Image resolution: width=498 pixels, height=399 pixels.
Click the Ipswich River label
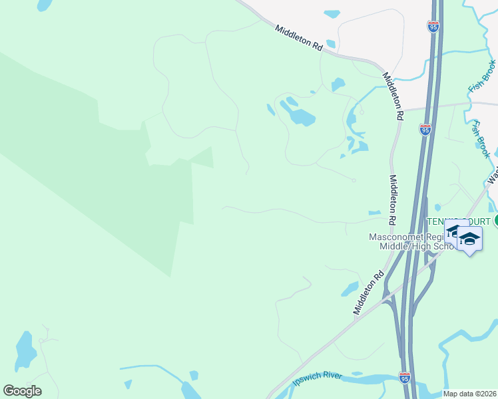tap(317, 380)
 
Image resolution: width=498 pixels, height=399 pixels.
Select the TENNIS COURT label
tap(459, 221)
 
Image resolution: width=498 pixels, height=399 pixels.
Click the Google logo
tap(22, 391)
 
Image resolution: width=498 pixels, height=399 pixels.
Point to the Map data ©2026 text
tap(469, 394)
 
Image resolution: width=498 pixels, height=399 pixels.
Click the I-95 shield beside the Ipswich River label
tap(405, 377)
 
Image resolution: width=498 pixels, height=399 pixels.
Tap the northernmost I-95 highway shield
tap(433, 26)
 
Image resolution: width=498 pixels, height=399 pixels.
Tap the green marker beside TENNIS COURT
tap(496, 221)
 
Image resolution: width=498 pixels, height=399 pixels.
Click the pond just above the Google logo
tap(25, 351)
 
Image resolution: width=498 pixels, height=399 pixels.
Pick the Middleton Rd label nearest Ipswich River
tap(370, 292)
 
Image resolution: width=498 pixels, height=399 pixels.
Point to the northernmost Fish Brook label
tap(483, 76)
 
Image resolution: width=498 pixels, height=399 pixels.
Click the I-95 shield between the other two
tap(425, 129)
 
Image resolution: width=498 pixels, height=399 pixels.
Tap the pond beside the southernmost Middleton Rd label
tap(350, 289)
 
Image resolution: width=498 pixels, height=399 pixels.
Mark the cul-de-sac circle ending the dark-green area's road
tap(354, 180)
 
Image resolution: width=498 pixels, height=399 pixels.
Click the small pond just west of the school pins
tap(437, 208)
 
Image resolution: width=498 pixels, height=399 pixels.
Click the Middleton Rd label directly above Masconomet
tap(393, 199)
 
